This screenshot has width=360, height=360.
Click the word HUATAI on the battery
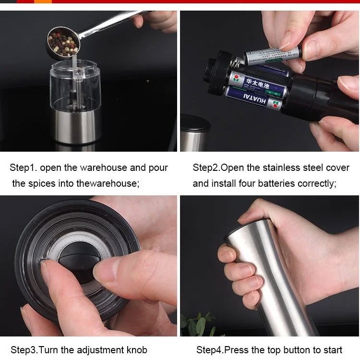click(254, 99)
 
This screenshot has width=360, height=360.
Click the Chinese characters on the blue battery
click(257, 83)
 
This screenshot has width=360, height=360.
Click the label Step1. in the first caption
click(23, 168)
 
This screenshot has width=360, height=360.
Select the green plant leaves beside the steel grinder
click(197, 324)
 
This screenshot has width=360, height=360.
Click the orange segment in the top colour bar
click(43, 1)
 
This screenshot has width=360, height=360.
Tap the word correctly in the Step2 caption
click(317, 184)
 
